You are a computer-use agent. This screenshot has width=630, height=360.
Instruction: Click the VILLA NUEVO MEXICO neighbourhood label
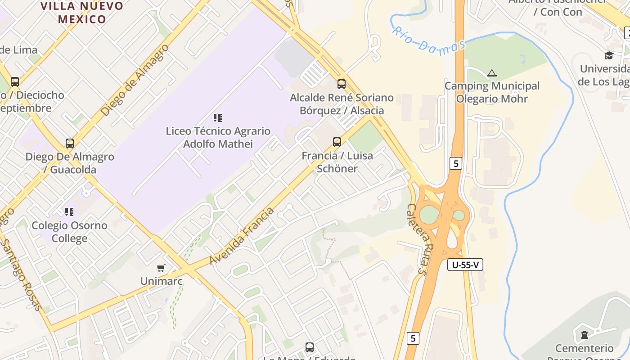(82, 13)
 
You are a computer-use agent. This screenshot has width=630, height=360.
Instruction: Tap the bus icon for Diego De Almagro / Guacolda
(70, 144)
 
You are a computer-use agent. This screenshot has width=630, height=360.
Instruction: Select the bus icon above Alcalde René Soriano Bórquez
(342, 84)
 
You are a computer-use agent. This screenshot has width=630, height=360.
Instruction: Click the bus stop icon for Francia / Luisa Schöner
(337, 142)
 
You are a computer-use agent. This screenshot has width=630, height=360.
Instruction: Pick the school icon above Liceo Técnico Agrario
(218, 118)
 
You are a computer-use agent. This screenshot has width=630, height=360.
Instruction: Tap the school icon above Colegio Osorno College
(69, 211)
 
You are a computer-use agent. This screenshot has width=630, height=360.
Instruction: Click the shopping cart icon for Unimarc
(161, 268)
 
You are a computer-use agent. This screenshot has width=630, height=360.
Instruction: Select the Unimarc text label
(161, 281)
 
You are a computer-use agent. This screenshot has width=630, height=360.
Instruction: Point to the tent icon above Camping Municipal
(492, 73)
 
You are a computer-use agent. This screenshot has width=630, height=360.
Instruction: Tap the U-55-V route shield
(465, 265)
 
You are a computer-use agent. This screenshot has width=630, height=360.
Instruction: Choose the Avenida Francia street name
(242, 236)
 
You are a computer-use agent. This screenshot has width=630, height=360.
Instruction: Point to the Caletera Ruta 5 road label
(416, 238)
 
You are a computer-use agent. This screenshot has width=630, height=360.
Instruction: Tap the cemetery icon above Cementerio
(584, 334)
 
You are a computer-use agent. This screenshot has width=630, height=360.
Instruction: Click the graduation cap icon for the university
(609, 55)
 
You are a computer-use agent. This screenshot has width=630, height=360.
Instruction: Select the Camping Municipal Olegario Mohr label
(492, 92)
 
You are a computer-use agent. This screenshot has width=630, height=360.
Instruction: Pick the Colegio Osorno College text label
(69, 232)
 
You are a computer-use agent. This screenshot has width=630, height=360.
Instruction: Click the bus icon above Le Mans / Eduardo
(310, 347)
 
